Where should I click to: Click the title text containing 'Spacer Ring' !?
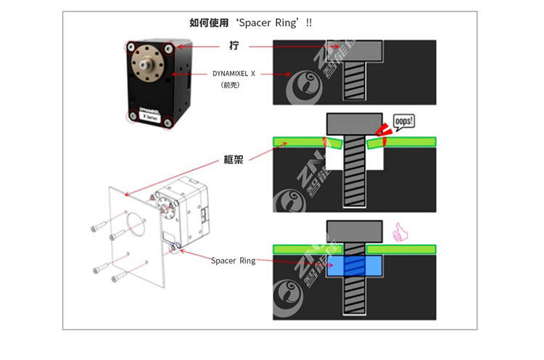click(251, 22)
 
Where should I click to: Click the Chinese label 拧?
click(233, 46)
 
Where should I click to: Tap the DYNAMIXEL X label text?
click(234, 73)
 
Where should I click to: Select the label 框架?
click(233, 159)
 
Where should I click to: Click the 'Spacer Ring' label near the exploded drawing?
click(233, 261)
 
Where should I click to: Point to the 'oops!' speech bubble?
click(404, 121)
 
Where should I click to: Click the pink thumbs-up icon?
click(397, 233)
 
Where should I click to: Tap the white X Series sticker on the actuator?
click(151, 113)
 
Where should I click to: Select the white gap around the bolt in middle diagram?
click(335, 156)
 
